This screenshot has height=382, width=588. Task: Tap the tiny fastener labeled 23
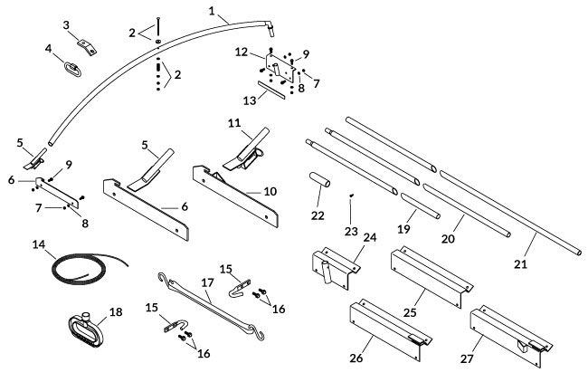351,194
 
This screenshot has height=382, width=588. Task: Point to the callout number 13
250,103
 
